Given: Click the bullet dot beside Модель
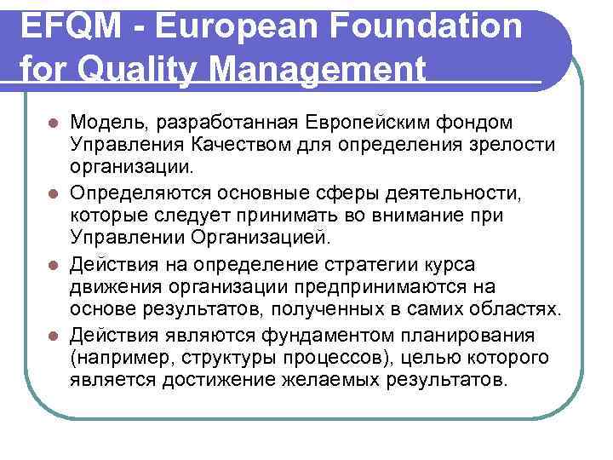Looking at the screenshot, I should pyautogui.click(x=53, y=125).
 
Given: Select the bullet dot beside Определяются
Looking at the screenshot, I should pyautogui.click(x=53, y=197).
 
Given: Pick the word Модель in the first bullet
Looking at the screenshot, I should pyautogui.click(x=105, y=124).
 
